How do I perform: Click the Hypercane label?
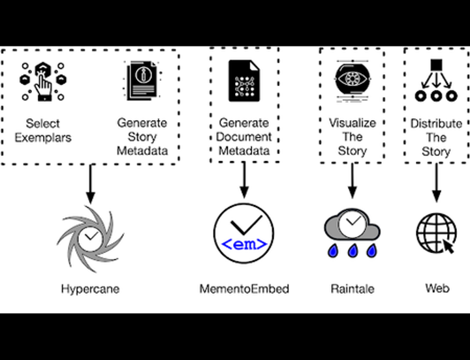pos(91,288)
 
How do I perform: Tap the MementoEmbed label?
pos(243,288)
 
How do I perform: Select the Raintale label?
pos(352,288)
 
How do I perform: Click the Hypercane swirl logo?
pos(91,235)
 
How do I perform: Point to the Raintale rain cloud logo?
pos(352,233)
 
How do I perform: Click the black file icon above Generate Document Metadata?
pos(243,80)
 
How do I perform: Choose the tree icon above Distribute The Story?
pos(436,81)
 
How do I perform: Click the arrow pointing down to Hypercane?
pos(91,183)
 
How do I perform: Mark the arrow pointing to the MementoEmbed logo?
pos(243,179)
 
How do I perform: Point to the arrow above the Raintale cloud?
pos(352,180)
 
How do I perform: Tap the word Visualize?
pos(352,123)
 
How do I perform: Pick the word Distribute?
pos(436,123)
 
